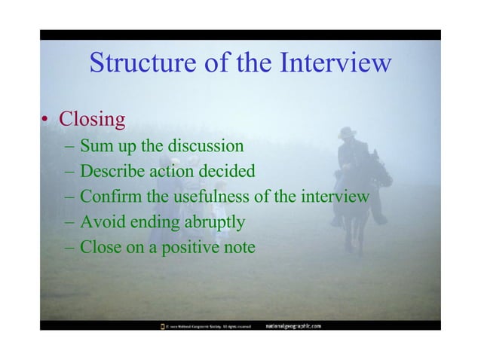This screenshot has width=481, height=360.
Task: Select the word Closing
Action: point(92,119)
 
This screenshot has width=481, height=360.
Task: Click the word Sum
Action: point(97,145)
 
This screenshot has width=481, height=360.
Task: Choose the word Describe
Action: point(112,171)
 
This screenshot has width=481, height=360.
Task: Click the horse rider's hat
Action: point(348,132)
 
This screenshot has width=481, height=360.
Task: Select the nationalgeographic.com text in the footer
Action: point(294,326)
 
